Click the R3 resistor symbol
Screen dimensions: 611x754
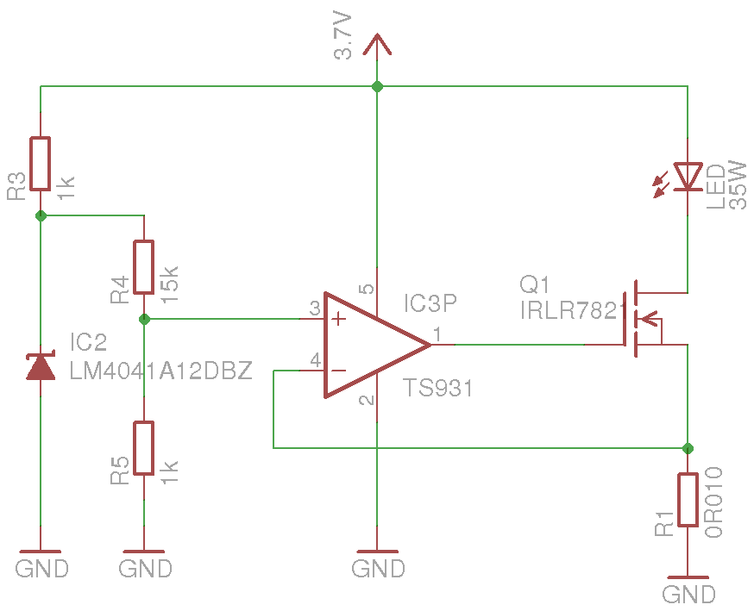click(x=41, y=163)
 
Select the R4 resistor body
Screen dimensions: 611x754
click(x=144, y=266)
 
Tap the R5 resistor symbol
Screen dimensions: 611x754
click(x=144, y=448)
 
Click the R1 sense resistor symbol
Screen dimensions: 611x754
click(x=688, y=500)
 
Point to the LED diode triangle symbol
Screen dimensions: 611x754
click(x=688, y=176)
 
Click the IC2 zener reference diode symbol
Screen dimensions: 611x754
click(x=41, y=367)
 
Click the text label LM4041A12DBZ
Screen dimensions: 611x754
click(x=161, y=371)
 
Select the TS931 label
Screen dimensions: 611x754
click(x=438, y=389)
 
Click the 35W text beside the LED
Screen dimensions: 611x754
click(x=738, y=183)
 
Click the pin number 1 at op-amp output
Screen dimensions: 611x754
click(x=438, y=334)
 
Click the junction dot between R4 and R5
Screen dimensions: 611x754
click(x=144, y=319)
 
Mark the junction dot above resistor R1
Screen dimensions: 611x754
click(x=688, y=448)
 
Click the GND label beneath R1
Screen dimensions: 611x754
click(x=688, y=595)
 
